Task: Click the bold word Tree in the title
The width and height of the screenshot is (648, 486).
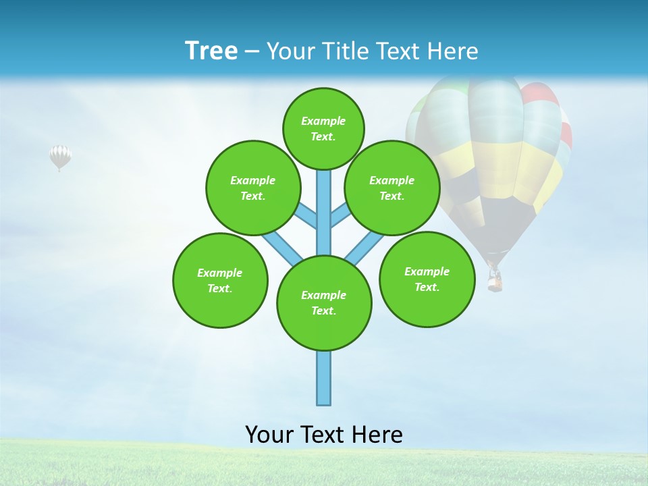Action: pyautogui.click(x=211, y=51)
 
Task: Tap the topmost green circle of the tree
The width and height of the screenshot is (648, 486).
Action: pyautogui.click(x=323, y=128)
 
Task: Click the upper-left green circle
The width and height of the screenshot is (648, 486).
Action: pyautogui.click(x=252, y=188)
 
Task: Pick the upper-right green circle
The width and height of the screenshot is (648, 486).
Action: pyautogui.click(x=392, y=188)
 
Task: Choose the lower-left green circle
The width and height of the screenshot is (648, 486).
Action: pyautogui.click(x=220, y=280)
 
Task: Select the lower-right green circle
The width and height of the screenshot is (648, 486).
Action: pyautogui.click(x=427, y=279)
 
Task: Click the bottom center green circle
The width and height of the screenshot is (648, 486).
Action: pyautogui.click(x=324, y=303)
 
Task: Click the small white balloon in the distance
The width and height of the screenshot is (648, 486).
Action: pyautogui.click(x=60, y=157)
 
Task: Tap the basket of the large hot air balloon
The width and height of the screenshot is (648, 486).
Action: pyautogui.click(x=495, y=279)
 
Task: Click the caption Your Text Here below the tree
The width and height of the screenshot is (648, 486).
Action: pyautogui.click(x=324, y=434)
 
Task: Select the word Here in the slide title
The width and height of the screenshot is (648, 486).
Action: pyautogui.click(x=453, y=51)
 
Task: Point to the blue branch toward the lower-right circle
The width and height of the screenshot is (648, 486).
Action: pyautogui.click(x=364, y=248)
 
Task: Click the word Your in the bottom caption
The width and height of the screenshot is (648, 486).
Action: pyautogui.click(x=269, y=434)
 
